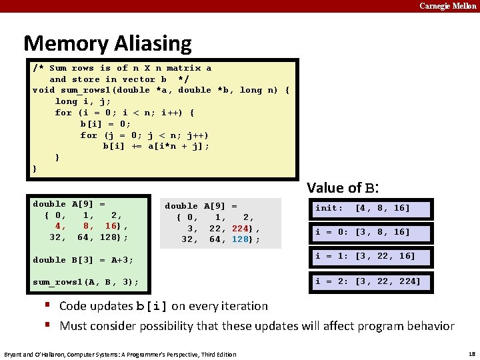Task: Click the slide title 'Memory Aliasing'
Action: tap(107, 44)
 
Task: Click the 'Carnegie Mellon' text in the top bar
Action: tap(447, 6)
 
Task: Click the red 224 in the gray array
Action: tap(241, 228)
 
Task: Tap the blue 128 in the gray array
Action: tap(241, 239)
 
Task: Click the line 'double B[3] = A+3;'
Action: tap(83, 260)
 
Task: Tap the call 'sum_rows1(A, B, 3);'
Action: tap(86, 282)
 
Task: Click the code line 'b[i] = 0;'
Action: tap(105, 124)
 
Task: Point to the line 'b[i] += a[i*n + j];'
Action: tap(156, 146)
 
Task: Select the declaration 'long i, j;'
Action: tap(83, 101)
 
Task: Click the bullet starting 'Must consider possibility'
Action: tap(257, 326)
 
